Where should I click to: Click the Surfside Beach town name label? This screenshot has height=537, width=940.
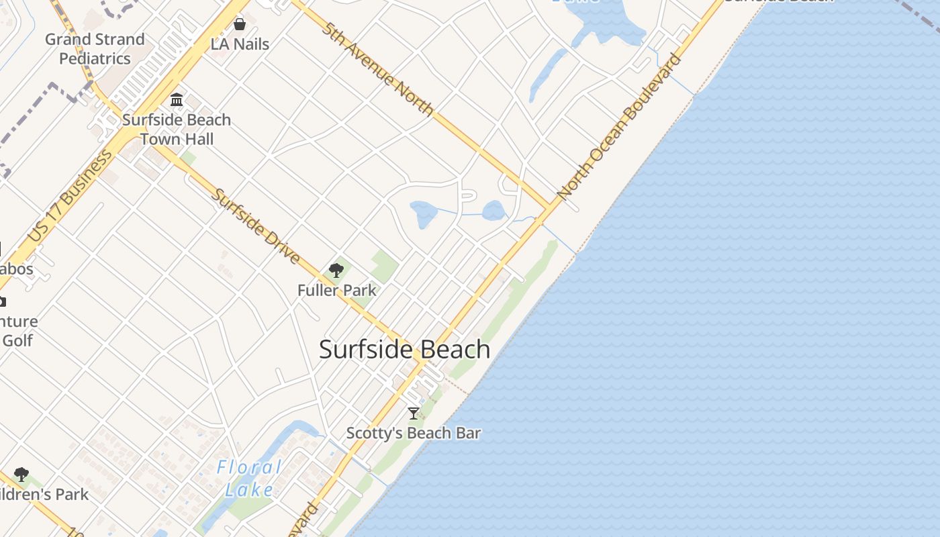pos(404,350)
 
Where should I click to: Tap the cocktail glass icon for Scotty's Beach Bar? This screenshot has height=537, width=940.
pos(414,413)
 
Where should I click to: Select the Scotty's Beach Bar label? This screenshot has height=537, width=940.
pos(414,433)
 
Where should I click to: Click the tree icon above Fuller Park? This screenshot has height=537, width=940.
pos(336,271)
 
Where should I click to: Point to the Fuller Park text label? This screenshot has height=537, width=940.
pos(336,291)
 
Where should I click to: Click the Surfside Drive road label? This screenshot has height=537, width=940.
pos(256,226)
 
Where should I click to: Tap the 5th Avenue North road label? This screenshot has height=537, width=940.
pos(377,68)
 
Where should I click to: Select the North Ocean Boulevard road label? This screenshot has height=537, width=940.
pos(619,126)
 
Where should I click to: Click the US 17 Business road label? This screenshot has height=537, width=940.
pos(70,197)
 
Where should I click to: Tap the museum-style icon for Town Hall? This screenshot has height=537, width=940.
pos(177,100)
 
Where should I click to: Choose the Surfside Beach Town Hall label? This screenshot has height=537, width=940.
pos(177,130)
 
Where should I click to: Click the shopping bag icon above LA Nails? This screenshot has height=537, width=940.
pos(240,25)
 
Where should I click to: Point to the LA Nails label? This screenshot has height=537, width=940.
pos(240,44)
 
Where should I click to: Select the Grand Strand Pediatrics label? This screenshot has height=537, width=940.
pos(95,49)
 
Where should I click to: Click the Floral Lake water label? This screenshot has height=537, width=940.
pos(249,478)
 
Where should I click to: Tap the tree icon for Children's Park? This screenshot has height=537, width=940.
pos(21,475)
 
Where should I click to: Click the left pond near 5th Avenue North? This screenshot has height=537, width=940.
pos(424,214)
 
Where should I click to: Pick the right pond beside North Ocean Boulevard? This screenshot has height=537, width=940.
pos(493,211)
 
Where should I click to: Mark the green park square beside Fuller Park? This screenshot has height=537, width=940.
pos(384,266)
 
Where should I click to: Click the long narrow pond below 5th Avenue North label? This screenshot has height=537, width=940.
pos(548,74)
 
